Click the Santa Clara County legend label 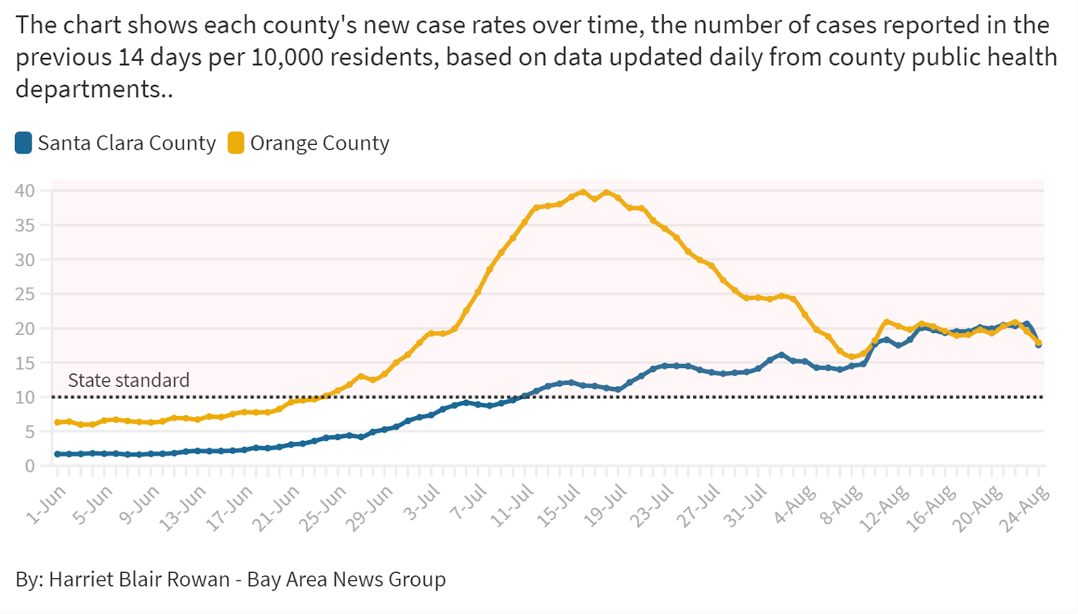pos(127,143)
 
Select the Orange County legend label pos(319,143)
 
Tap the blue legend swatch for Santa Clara pos(24,143)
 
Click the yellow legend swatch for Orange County pos(236,143)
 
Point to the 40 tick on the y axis pos(25,191)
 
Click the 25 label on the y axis pos(25,294)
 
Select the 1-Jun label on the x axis pos(47,504)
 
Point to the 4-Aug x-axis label pos(795,505)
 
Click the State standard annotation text pos(129,380)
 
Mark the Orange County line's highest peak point pos(583,192)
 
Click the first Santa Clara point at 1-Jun pos(58,454)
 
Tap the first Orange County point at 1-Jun pos(58,423)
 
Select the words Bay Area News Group pos(346,580)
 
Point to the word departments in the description pos(88,89)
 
